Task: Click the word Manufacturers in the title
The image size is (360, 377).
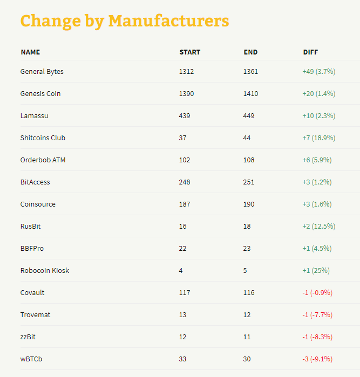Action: click(169, 21)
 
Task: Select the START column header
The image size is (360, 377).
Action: click(190, 52)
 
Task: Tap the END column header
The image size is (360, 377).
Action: click(250, 52)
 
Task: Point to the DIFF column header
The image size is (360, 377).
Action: click(310, 52)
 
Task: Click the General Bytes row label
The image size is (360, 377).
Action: click(42, 72)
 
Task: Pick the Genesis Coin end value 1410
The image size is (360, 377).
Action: click(250, 93)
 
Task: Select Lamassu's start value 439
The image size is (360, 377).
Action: click(185, 115)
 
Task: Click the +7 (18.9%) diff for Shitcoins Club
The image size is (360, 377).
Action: click(319, 138)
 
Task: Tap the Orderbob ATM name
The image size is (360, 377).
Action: click(43, 160)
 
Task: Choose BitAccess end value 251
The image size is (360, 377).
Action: click(249, 182)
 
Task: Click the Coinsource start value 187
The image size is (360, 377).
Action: click(185, 204)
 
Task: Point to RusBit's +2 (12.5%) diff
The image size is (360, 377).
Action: click(319, 226)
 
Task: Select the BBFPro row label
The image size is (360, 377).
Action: click(32, 249)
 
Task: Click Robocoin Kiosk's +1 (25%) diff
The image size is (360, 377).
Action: click(316, 271)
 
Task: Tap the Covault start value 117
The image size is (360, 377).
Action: click(185, 293)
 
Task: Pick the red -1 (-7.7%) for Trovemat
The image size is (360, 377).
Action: click(317, 315)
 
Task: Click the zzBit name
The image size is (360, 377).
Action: click(28, 337)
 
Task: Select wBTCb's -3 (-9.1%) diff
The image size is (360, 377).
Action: click(317, 359)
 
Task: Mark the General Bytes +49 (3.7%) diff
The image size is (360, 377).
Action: click(319, 71)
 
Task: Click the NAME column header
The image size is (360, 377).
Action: click(30, 52)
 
